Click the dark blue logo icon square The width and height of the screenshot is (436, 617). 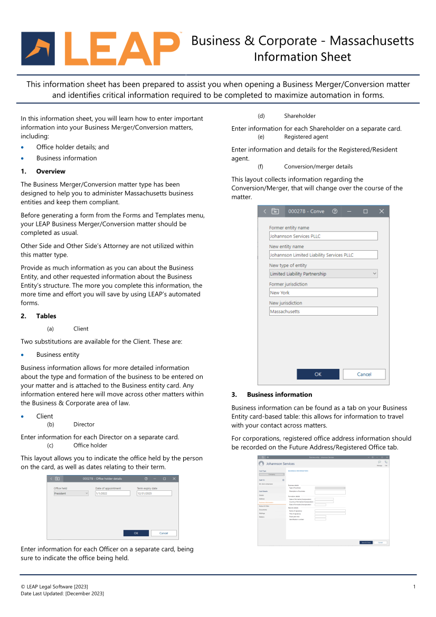point(37,49)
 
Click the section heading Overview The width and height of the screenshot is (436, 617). point(51,172)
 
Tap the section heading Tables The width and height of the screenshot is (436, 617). point(46,316)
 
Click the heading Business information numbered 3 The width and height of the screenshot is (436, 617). point(279,395)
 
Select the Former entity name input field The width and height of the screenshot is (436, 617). point(323,236)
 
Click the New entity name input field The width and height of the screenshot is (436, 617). point(323,255)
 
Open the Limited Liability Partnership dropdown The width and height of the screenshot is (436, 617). point(323,274)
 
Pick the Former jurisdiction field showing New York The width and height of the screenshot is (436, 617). point(323,292)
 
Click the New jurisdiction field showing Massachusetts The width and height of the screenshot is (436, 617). point(323,311)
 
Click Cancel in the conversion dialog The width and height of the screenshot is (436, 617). point(364,374)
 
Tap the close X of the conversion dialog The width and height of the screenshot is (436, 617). point(382,211)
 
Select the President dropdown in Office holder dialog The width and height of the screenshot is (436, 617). point(71,493)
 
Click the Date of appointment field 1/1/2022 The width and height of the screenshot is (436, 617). point(112,493)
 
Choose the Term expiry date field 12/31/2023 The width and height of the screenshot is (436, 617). point(154,493)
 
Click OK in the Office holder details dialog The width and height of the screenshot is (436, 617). point(136,533)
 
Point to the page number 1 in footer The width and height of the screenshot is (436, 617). point(414,587)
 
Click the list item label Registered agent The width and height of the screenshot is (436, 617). point(306,137)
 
